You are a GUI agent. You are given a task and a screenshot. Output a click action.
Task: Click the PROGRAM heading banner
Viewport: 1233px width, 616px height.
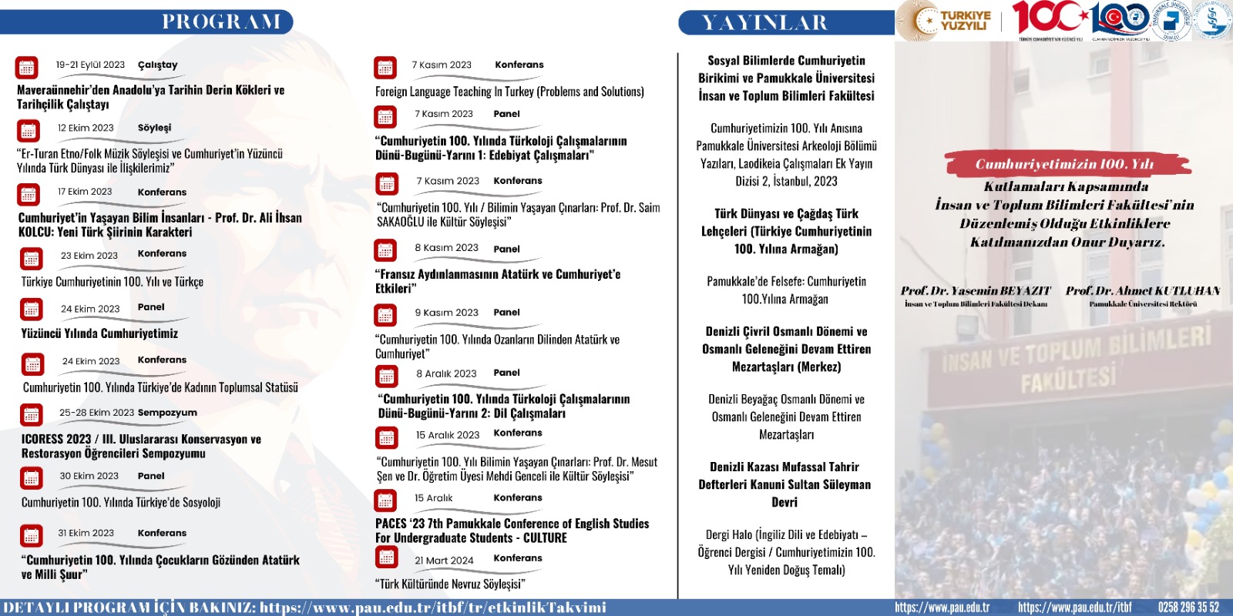coord(221,22)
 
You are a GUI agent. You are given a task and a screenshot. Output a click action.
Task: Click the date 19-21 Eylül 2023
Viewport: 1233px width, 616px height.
coord(90,65)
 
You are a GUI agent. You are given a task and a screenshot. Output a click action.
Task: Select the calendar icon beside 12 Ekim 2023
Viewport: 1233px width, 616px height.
coord(28,131)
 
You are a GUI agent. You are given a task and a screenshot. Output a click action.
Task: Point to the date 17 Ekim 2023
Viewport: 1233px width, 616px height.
coord(85,192)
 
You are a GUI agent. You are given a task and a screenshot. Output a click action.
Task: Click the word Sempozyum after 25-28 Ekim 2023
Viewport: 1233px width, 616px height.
coord(167,413)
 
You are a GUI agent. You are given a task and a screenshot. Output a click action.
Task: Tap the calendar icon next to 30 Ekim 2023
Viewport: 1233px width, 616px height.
coord(31,478)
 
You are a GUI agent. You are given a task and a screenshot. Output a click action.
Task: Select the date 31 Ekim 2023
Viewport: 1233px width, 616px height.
coord(86,533)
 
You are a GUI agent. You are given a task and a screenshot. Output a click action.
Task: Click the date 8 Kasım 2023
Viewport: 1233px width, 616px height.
coord(446,248)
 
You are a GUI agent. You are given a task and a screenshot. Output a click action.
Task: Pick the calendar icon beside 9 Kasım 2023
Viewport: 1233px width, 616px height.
coord(385,315)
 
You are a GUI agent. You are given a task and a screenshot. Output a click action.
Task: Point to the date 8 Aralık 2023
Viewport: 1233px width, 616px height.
coord(446,373)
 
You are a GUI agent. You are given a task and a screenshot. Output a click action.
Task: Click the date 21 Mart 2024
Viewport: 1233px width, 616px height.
coord(444,561)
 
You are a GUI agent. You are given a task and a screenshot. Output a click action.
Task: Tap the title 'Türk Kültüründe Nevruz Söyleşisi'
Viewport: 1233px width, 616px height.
coord(450,584)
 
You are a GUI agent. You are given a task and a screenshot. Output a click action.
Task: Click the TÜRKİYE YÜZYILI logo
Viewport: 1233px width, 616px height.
coord(952,21)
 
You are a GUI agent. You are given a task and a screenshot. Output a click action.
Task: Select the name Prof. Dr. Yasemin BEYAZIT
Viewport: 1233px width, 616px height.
coord(976,291)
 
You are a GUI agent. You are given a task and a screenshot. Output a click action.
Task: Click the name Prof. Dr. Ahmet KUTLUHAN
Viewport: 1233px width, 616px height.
coord(1143,291)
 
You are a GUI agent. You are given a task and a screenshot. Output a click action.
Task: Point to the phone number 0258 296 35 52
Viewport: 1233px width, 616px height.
coord(1188,608)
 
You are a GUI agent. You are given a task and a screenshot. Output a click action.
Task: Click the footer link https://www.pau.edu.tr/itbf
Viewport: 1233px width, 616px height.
coord(1074,608)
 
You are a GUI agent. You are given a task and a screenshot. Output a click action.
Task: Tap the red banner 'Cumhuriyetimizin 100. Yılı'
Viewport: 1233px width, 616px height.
coord(1064,164)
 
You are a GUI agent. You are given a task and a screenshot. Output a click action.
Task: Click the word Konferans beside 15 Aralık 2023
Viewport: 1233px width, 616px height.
coord(518,433)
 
